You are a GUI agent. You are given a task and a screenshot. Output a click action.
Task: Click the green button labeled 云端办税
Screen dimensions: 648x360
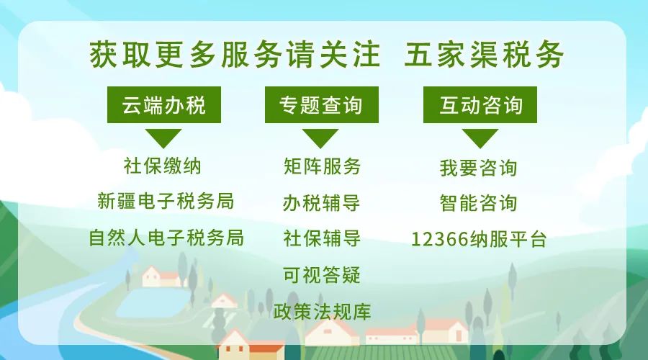164,104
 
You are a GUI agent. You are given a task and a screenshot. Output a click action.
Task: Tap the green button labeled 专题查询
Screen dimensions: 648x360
322,104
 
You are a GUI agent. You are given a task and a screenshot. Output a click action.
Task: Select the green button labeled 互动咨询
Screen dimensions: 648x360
480,104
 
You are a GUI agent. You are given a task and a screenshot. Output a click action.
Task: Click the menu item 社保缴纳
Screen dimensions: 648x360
163,166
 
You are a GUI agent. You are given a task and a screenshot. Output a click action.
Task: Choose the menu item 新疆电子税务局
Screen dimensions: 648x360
166,202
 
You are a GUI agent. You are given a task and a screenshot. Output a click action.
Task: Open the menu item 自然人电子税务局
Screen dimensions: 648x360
166,238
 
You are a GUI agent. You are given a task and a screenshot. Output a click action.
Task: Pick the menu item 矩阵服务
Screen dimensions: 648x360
322,166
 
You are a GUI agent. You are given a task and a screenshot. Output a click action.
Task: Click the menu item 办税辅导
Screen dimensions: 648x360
322,203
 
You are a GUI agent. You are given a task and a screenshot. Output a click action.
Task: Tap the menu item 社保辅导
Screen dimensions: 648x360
322,238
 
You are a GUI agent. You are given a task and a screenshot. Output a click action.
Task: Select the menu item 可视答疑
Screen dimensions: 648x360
322,275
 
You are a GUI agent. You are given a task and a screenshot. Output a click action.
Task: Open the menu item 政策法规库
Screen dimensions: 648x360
322,311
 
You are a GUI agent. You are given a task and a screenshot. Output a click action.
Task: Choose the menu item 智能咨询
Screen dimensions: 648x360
479,203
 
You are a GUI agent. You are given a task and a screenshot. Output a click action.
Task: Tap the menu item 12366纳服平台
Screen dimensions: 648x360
479,239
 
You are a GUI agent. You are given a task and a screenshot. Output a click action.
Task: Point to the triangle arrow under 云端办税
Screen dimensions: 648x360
163,138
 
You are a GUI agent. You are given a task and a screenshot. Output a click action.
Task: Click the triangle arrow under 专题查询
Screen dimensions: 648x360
320,138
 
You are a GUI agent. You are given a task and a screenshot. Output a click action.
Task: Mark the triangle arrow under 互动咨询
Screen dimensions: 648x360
480,138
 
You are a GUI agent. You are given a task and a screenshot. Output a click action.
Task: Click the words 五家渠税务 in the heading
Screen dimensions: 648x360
484,55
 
